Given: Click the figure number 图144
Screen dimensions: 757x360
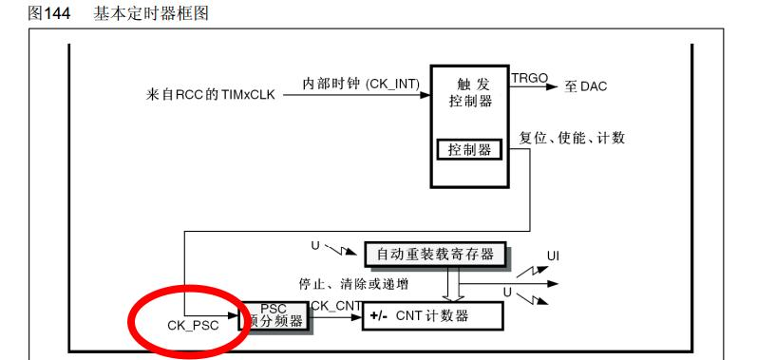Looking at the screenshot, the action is pyautogui.click(x=48, y=13).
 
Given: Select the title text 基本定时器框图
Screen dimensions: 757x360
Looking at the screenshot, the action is pyautogui.click(x=151, y=13).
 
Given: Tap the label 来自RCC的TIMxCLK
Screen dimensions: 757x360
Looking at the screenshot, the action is pyautogui.click(x=210, y=95).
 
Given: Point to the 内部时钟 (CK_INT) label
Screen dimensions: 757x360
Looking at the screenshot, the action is pyautogui.click(x=361, y=84).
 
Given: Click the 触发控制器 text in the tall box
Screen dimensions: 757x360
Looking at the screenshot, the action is pyautogui.click(x=470, y=93).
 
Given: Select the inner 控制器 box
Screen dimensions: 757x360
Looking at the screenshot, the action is pyautogui.click(x=470, y=150).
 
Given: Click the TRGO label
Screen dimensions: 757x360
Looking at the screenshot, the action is pyautogui.click(x=530, y=78).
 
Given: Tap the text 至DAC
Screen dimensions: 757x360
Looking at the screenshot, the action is pyautogui.click(x=586, y=86).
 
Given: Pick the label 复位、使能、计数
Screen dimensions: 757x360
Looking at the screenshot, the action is pyautogui.click(x=572, y=138).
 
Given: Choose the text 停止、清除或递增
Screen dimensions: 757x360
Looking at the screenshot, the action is pyautogui.click(x=353, y=284).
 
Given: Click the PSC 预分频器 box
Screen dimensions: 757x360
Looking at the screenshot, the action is pyautogui.click(x=274, y=315).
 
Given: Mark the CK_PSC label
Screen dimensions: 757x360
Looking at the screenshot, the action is pyautogui.click(x=193, y=326).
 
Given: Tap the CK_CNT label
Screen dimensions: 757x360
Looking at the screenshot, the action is pyautogui.click(x=336, y=306).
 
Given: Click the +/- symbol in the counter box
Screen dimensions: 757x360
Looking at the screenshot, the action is pyautogui.click(x=380, y=316).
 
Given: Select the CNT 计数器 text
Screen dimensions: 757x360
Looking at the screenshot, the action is pyautogui.click(x=432, y=316).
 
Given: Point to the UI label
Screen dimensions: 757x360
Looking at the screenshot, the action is pyautogui.click(x=554, y=256).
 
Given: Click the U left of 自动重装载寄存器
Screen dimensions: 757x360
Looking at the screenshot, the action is pyautogui.click(x=315, y=246).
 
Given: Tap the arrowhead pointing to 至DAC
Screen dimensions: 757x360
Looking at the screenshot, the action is pyautogui.click(x=552, y=86).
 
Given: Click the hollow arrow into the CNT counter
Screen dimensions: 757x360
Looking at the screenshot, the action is pyautogui.click(x=453, y=284).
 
